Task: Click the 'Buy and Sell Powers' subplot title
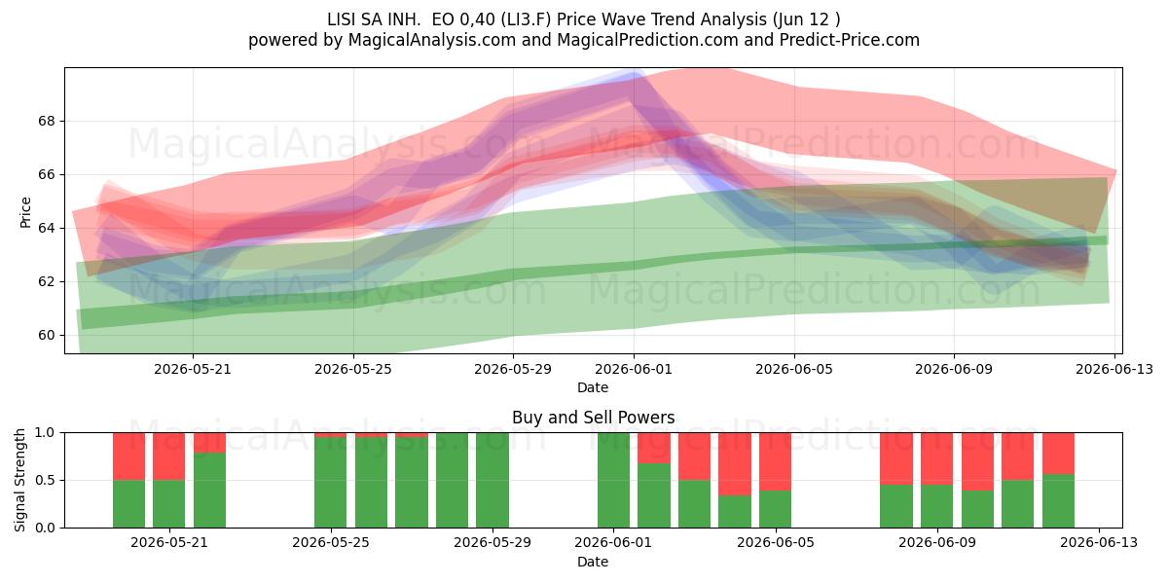[x=593, y=418]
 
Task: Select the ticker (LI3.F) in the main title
[x=527, y=19]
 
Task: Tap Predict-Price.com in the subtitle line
[x=850, y=40]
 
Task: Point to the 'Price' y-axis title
[x=25, y=212]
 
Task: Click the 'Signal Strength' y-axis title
[x=19, y=480]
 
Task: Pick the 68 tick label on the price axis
[x=46, y=121]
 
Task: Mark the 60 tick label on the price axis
[x=46, y=335]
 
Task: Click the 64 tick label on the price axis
[x=46, y=228]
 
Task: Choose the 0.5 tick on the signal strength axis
[x=45, y=480]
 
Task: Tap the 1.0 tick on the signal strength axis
[x=45, y=432]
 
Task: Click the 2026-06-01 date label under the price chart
[x=634, y=369]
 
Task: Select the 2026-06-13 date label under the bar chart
[x=1099, y=543]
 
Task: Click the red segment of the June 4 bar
[x=735, y=463]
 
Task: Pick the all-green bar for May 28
[x=452, y=480]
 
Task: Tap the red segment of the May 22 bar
[x=209, y=443]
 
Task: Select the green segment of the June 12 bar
[x=1059, y=501]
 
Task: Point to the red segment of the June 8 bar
[x=896, y=458]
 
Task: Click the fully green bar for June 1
[x=614, y=480]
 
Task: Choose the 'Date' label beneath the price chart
[x=593, y=388]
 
